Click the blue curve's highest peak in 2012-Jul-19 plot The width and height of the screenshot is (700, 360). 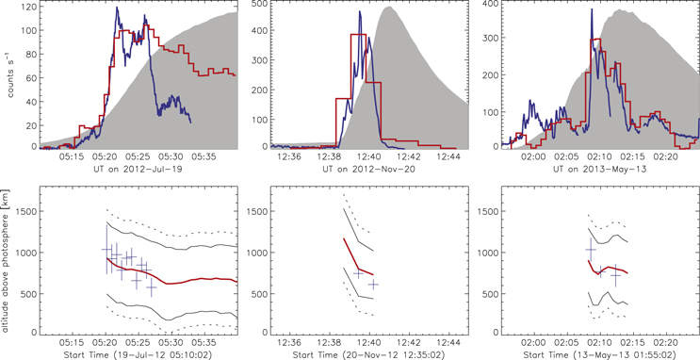coord(117,8)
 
